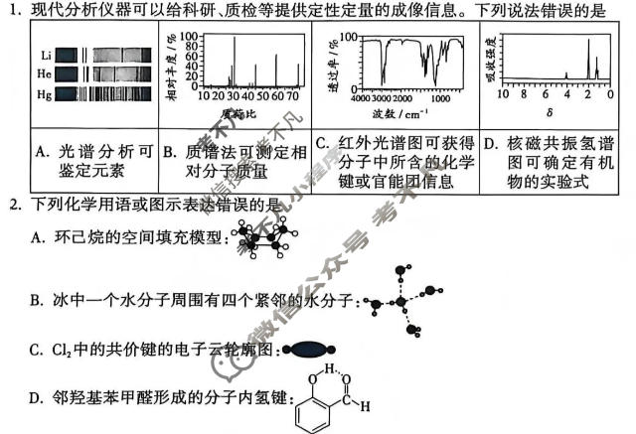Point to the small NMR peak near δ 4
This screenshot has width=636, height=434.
tap(565, 75)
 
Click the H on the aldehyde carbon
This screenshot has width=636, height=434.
tap(365, 405)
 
